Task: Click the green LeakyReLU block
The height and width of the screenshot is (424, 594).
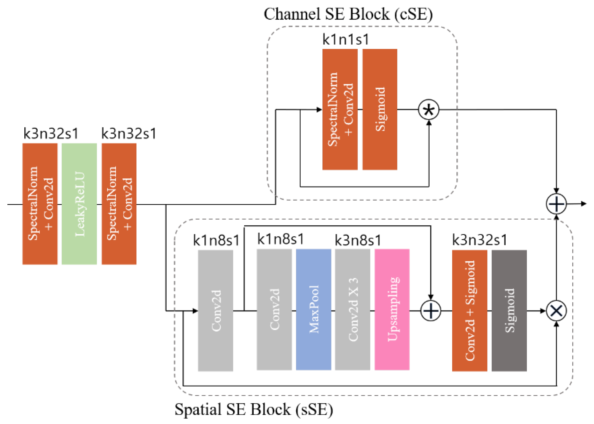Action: click(x=79, y=204)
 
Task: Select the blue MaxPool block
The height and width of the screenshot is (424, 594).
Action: click(x=313, y=310)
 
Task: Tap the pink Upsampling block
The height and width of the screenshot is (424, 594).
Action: click(x=392, y=310)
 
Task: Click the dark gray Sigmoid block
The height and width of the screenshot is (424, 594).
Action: click(x=509, y=311)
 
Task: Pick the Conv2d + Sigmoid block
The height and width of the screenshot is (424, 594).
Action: click(x=469, y=311)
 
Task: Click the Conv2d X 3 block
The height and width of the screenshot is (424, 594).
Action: click(x=352, y=310)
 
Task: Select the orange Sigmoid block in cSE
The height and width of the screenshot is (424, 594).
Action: click(x=379, y=109)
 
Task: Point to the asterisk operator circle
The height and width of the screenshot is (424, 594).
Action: click(x=429, y=110)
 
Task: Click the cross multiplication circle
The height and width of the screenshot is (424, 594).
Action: click(x=556, y=311)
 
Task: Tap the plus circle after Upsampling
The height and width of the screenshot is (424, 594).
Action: click(x=430, y=311)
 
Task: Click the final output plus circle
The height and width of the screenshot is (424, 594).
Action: click(x=556, y=204)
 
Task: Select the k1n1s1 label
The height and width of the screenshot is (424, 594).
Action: click(x=345, y=40)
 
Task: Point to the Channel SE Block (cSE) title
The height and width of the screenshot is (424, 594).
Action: click(x=348, y=14)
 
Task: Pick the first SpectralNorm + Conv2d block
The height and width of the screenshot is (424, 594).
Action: click(x=40, y=204)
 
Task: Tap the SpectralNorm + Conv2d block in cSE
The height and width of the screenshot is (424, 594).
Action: click(x=340, y=109)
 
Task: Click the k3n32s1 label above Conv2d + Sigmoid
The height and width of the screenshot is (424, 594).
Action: click(x=479, y=240)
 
